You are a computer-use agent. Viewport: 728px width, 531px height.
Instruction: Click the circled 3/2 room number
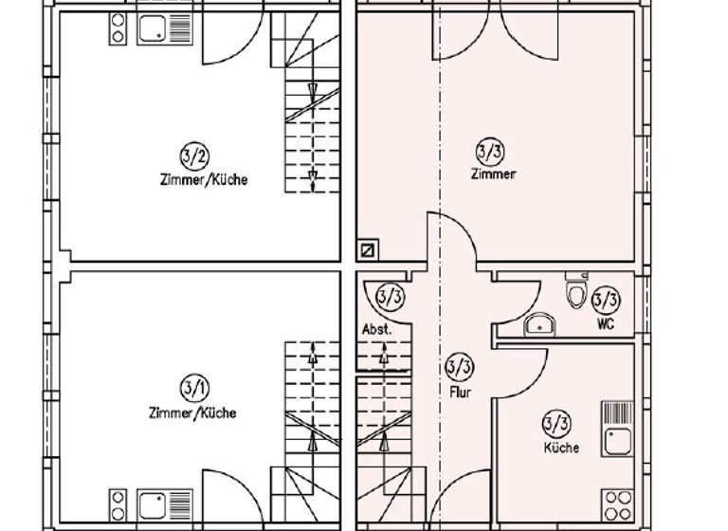point(194,156)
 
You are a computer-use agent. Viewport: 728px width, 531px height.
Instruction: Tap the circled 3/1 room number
point(194,388)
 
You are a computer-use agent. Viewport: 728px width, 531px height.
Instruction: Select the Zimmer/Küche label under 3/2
point(203,179)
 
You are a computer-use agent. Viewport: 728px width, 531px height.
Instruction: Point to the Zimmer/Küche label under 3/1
point(192,412)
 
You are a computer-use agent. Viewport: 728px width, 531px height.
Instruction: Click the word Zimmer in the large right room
point(494,174)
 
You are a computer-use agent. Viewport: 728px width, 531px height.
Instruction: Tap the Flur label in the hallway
point(460,392)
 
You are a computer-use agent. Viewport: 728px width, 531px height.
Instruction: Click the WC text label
point(607,323)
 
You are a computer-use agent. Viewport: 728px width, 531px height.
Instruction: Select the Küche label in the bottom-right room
point(561,448)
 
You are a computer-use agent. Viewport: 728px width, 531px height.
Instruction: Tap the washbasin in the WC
point(539,325)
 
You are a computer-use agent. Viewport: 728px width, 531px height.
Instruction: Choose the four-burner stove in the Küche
point(618,504)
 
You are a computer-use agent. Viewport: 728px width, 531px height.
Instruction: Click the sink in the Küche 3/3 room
point(618,438)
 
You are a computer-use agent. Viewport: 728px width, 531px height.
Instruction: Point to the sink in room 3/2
point(154,28)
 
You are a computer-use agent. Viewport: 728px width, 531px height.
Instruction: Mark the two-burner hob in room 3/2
point(118,28)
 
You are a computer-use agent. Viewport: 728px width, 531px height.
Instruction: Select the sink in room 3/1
point(154,504)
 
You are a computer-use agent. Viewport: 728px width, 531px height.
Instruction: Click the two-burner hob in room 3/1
point(118,504)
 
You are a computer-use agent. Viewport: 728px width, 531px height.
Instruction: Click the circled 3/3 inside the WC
point(606,301)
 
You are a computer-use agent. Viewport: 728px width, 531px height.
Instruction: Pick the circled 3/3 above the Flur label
point(460,367)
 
